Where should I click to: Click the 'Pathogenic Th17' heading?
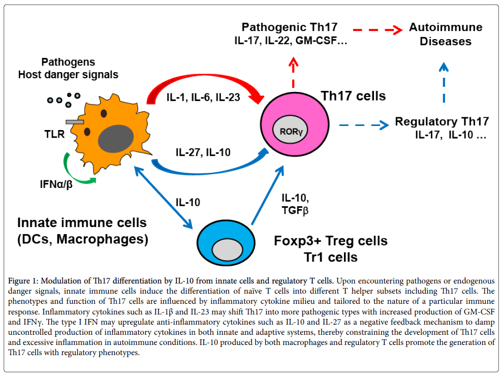click(289, 27)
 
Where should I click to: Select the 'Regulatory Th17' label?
click(442, 121)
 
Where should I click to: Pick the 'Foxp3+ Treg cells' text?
click(330, 240)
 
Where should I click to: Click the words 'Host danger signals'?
click(68, 75)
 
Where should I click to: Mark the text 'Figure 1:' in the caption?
click(24, 280)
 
